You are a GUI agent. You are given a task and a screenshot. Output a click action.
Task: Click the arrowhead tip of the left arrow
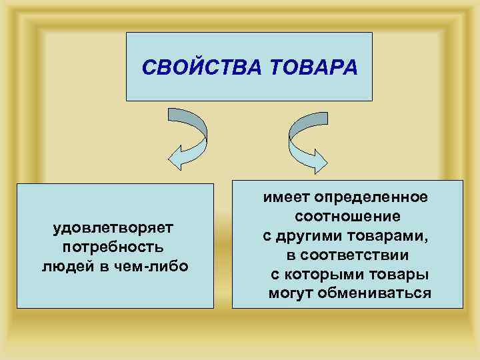[x=171, y=161]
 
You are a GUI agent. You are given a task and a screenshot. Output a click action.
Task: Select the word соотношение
[x=347, y=217]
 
